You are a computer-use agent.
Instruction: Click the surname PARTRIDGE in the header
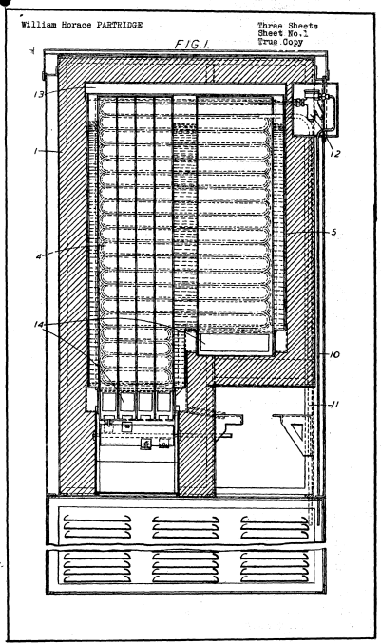click(x=120, y=25)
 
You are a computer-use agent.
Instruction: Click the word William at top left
click(x=39, y=25)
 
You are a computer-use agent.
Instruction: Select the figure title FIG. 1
click(x=191, y=45)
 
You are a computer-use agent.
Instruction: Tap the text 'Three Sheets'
click(x=288, y=27)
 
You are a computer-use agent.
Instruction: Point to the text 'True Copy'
click(x=280, y=42)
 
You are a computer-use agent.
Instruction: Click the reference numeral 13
click(x=39, y=95)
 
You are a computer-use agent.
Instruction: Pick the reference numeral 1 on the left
click(x=36, y=151)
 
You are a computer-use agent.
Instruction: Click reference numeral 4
click(x=38, y=257)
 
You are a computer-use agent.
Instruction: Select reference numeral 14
click(x=39, y=325)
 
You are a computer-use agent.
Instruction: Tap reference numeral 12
click(x=335, y=154)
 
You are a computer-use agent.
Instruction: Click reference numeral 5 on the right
click(x=333, y=232)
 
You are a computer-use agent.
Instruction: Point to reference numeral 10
click(x=334, y=354)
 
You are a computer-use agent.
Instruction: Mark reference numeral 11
click(x=334, y=405)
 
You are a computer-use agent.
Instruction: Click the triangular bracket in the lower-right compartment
click(x=294, y=434)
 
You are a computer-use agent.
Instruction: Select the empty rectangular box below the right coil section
click(x=236, y=343)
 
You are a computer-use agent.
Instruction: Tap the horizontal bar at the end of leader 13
click(x=185, y=89)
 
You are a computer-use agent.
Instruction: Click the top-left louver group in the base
click(x=97, y=526)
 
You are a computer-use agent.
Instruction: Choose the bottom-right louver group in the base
click(x=275, y=567)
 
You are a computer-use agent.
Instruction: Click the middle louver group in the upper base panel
click(x=186, y=527)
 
